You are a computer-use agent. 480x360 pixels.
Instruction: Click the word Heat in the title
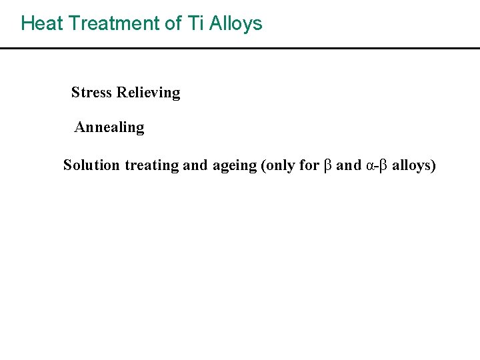(42, 23)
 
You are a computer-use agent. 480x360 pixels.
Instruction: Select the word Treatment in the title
(115, 23)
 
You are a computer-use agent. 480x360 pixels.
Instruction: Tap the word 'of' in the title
(173, 23)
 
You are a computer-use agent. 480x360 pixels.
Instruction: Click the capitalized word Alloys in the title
(236, 24)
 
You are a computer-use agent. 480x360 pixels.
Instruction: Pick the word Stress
(91, 93)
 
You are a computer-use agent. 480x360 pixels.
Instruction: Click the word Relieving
(148, 93)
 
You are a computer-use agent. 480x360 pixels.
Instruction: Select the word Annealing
(109, 127)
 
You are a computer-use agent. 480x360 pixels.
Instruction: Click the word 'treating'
(151, 165)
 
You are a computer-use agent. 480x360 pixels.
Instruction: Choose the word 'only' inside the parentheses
(281, 165)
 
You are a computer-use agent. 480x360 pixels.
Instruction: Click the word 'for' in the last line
(309, 165)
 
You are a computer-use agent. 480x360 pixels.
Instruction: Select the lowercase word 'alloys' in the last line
(413, 165)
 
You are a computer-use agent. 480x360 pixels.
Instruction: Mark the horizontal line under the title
(240, 48)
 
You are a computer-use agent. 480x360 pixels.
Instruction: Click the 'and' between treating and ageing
(195, 165)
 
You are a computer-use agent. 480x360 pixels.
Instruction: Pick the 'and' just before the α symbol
(349, 165)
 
